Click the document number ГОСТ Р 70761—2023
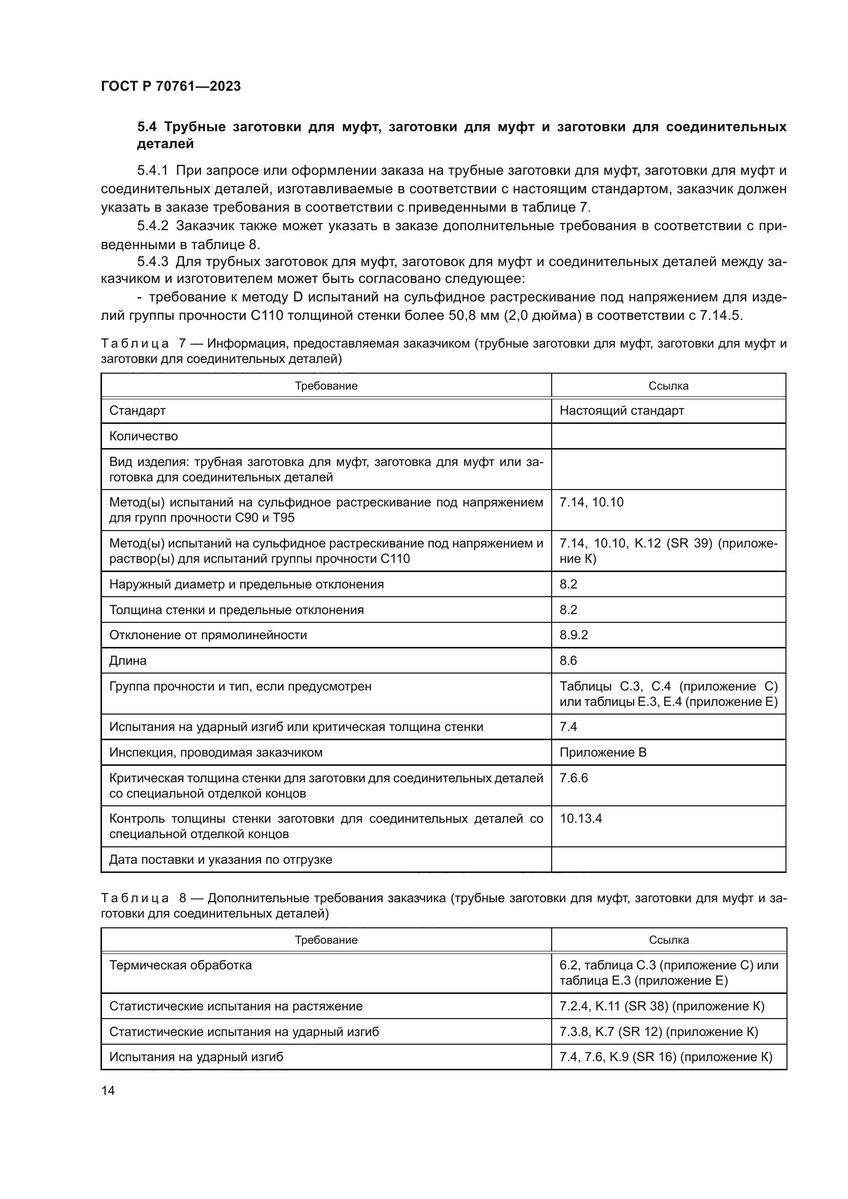[x=171, y=87]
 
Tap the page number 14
[x=108, y=1090]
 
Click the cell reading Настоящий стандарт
[x=621, y=411]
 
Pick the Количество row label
[x=144, y=436]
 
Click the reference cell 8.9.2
[x=573, y=635]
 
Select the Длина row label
[x=128, y=661]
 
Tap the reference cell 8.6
[x=568, y=661]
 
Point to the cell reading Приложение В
[x=602, y=753]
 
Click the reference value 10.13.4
[x=581, y=818]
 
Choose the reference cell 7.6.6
[x=573, y=778]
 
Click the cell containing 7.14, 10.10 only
[x=591, y=502]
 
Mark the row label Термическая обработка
[x=180, y=965]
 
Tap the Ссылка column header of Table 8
[x=669, y=940]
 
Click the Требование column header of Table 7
[x=326, y=386]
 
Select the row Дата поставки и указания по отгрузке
[x=220, y=860]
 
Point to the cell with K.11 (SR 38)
[x=661, y=1006]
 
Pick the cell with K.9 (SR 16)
[x=665, y=1057]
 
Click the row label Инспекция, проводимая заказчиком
[x=216, y=753]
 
